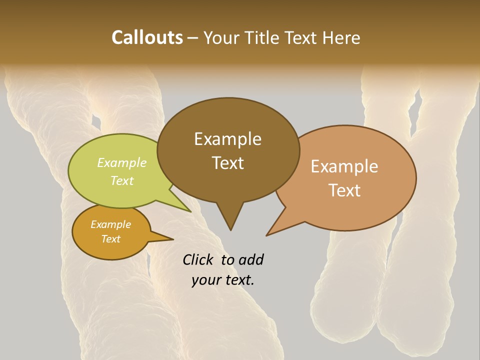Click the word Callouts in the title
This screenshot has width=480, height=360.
(x=147, y=37)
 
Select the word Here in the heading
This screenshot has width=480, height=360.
(x=341, y=37)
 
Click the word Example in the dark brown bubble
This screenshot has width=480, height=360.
(x=227, y=139)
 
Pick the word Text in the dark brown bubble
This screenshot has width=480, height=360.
(x=227, y=163)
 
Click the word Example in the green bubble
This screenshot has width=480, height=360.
(x=122, y=162)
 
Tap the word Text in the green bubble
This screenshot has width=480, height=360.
(x=122, y=180)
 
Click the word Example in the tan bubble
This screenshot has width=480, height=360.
(x=344, y=166)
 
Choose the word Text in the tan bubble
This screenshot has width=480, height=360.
(x=344, y=190)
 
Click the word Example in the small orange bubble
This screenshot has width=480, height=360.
(x=110, y=224)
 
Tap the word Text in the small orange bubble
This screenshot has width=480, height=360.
(x=110, y=239)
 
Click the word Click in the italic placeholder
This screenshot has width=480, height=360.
(x=198, y=259)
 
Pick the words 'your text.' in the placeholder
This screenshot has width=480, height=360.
(x=223, y=280)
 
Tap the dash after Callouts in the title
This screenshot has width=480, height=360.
(x=193, y=38)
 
